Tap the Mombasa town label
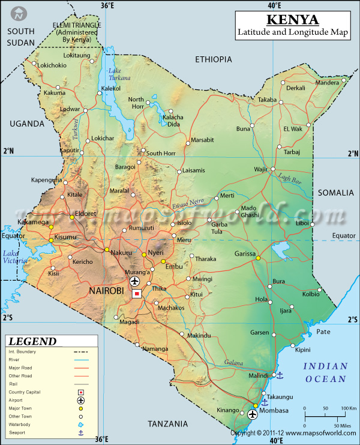pyautogui.click(x=275, y=410)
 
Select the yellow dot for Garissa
pyautogui.click(x=258, y=258)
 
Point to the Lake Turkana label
pyautogui.click(x=119, y=75)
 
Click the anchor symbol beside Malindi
pyautogui.click(x=279, y=375)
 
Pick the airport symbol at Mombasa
pyautogui.click(x=252, y=414)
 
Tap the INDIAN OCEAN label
pyautogui.click(x=325, y=372)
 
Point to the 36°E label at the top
pyautogui.click(x=107, y=5)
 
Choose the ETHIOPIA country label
pyautogui.click(x=213, y=59)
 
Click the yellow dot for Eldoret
pyautogui.click(x=72, y=217)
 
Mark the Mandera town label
pyautogui.click(x=327, y=83)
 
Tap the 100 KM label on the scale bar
pyautogui.click(x=348, y=408)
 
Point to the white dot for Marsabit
pyautogui.click(x=187, y=140)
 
